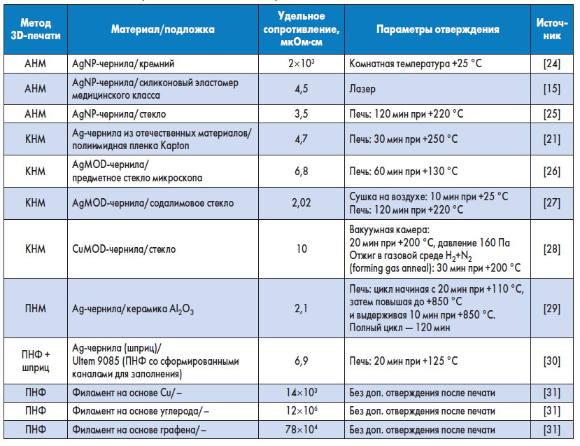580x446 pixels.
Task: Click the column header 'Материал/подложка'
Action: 162,30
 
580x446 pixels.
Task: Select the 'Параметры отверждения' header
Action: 437,30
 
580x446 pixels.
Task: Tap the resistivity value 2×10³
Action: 302,64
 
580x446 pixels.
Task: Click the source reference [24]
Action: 551,64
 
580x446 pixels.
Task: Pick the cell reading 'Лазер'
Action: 361,89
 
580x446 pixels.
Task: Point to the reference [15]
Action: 551,89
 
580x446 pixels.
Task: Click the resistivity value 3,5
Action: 302,113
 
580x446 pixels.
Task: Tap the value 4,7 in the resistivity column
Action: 302,139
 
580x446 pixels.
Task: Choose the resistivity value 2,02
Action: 302,204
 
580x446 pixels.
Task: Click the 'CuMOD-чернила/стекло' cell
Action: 125,249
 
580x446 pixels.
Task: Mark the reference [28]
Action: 551,249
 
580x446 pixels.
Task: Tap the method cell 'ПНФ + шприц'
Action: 35,361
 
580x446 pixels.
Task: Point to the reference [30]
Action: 551,361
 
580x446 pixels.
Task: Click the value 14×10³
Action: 302,393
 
